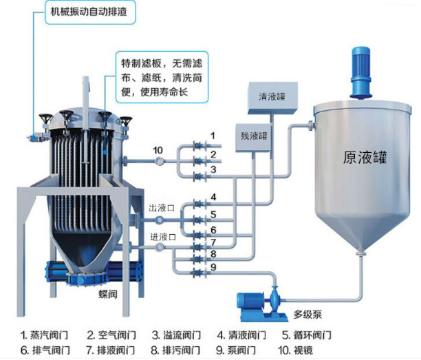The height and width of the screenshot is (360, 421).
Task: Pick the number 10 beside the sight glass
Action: pos(158,149)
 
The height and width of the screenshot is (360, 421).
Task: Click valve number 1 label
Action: pos(213,135)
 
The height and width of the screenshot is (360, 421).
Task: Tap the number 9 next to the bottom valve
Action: pos(213,267)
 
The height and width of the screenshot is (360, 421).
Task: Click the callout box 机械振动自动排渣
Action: pos(91,12)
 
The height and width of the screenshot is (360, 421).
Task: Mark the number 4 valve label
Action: pos(213,198)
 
